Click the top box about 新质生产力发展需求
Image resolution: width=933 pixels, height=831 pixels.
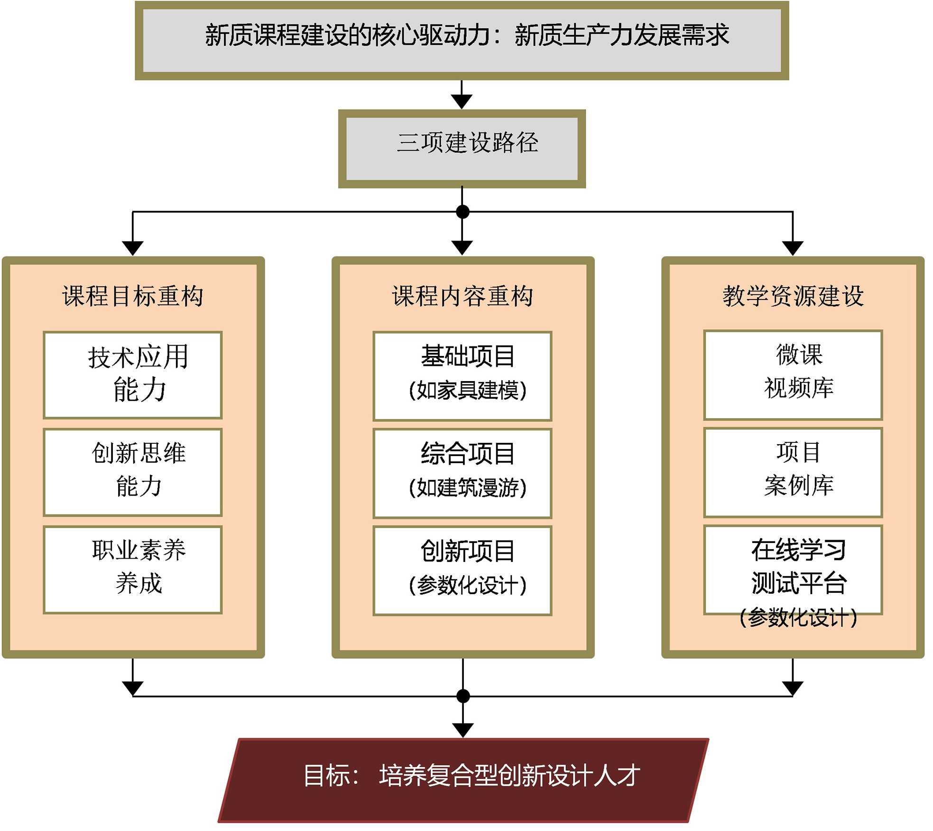pyautogui.click(x=462, y=40)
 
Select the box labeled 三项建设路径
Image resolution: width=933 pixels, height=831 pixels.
pyautogui.click(x=462, y=149)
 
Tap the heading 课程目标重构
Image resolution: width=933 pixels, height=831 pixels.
pyautogui.click(x=132, y=296)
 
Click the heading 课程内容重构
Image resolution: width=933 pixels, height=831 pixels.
pyautogui.click(x=462, y=296)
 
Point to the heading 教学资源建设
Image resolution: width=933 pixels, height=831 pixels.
pyautogui.click(x=793, y=296)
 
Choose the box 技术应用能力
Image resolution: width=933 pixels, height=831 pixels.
pyautogui.click(x=132, y=375)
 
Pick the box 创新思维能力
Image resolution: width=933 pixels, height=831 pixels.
pyautogui.click(x=132, y=472)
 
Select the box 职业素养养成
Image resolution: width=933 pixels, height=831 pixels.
pyautogui.click(x=132, y=569)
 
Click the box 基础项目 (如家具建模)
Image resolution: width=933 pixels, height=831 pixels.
pyautogui.click(x=462, y=376)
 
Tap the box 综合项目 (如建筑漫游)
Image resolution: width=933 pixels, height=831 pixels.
pyautogui.click(x=462, y=473)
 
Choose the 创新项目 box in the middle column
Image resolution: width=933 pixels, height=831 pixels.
pyautogui.click(x=462, y=570)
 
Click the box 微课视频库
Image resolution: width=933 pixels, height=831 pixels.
pyautogui.click(x=793, y=375)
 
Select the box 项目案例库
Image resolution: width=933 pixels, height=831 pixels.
pyautogui.click(x=793, y=472)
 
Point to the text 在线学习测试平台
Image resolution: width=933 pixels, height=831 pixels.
pyautogui.click(x=798, y=567)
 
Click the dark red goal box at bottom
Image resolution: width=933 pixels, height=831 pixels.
pyautogui.click(x=462, y=779)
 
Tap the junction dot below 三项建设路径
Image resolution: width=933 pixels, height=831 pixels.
pyautogui.click(x=462, y=212)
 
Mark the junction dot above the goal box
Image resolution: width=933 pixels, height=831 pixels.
pyautogui.click(x=463, y=696)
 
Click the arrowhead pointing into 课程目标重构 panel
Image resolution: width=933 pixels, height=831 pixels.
pyautogui.click(x=132, y=248)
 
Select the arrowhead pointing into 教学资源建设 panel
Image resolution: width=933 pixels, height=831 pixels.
pyautogui.click(x=793, y=248)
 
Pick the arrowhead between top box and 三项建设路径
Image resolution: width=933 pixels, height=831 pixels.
pyautogui.click(x=462, y=101)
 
